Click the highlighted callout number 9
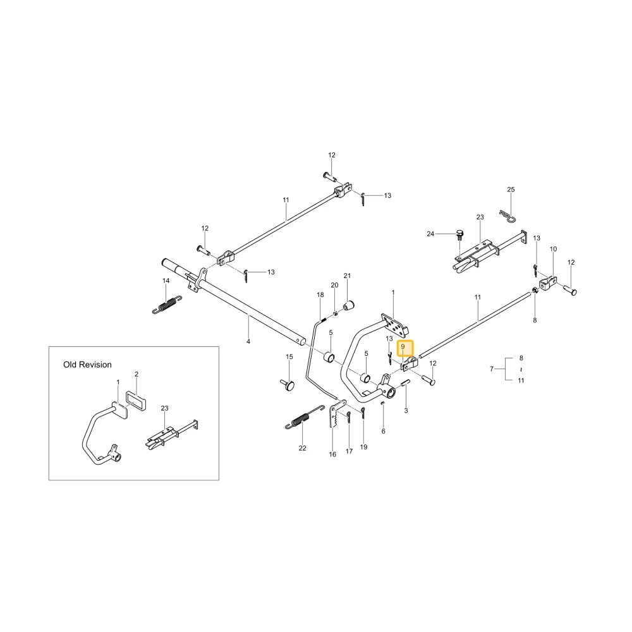pos(403,346)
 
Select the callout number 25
pos(511,190)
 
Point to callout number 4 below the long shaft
pos(248,341)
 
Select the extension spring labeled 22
pos(305,417)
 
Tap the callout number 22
pos(302,448)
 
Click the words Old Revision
pos(87,365)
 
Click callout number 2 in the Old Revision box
pos(137,374)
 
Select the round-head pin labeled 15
pos(287,384)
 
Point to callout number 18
pos(320,295)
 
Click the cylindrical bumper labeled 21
pos(348,305)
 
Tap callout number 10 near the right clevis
pos(553,249)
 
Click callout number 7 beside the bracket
pos(491,369)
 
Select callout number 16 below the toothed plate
pos(332,454)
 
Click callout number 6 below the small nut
pos(383,431)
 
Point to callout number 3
pos(406,411)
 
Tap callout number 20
pos(334,286)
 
